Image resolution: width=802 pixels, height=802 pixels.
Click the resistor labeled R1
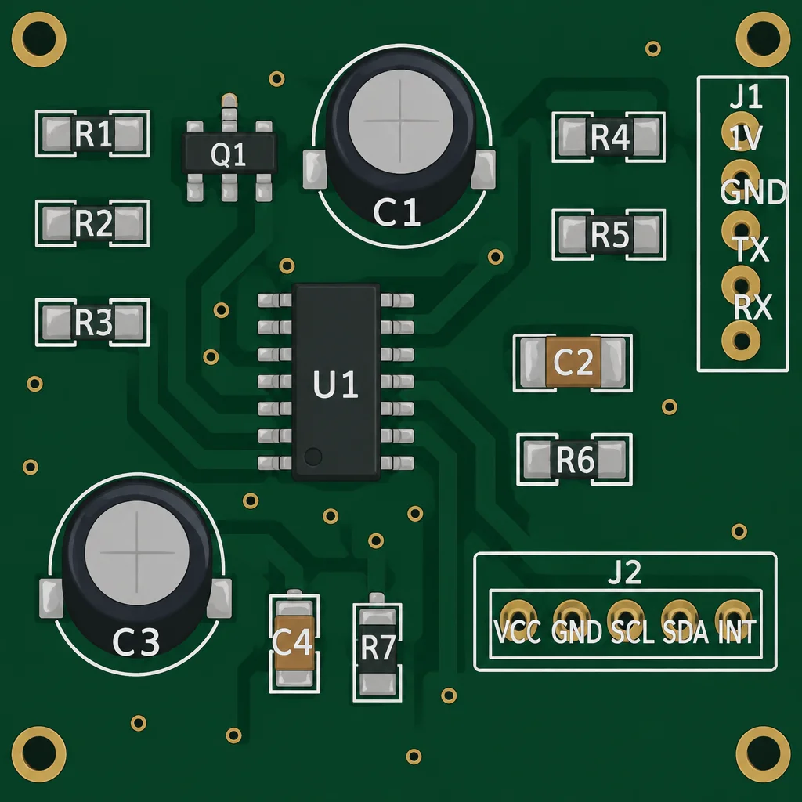[92, 133]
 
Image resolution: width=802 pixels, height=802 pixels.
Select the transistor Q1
[229, 153]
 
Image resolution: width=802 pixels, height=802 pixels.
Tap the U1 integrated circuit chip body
[335, 382]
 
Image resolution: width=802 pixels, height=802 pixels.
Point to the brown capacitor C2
[573, 363]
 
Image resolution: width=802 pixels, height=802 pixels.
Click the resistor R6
[575, 459]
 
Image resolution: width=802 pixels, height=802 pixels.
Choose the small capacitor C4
[294, 642]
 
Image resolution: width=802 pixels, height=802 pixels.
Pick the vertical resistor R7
[378, 648]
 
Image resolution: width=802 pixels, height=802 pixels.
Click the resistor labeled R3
[92, 322]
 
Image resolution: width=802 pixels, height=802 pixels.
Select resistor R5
[609, 234]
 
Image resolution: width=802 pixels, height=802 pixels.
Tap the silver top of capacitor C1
[401, 121]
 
